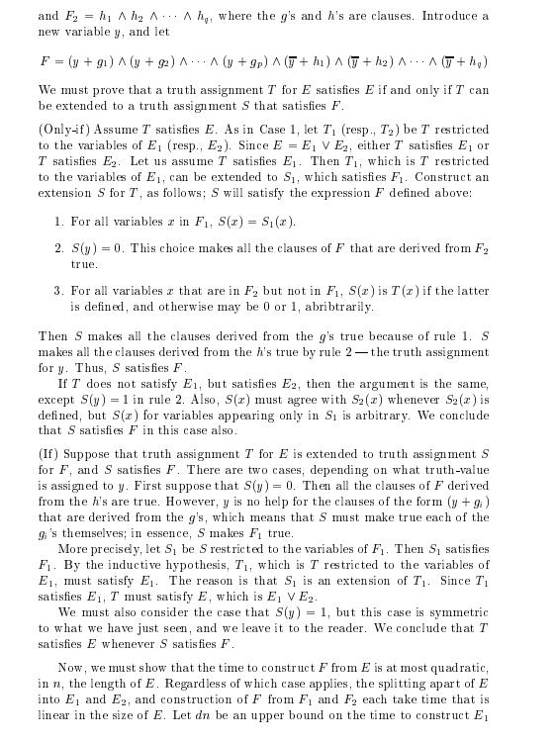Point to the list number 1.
[x=59, y=221]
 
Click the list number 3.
[x=59, y=291]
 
